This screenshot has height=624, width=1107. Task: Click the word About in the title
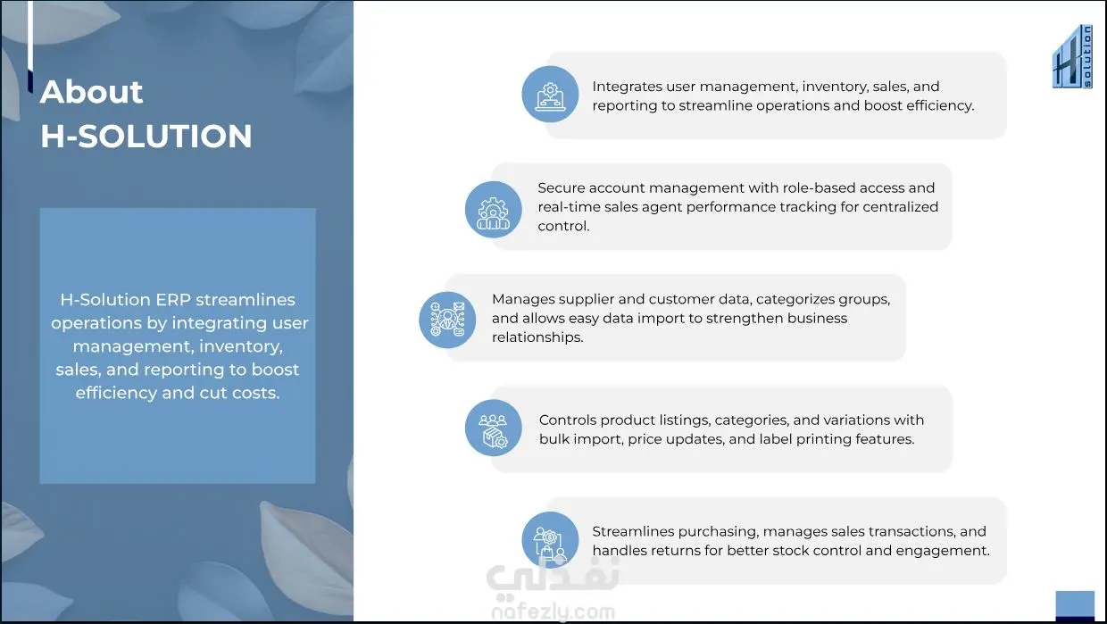coord(91,92)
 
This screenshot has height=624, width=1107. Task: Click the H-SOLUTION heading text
coord(146,136)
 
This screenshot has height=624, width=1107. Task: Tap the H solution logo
coord(1072,56)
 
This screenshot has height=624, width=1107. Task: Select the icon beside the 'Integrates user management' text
coord(550,94)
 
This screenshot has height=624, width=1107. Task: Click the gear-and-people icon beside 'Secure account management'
coord(493,210)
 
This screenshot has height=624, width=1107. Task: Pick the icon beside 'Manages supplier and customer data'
coord(447,320)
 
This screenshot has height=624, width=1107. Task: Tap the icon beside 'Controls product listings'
coord(493,428)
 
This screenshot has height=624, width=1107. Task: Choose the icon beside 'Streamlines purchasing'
coord(550,539)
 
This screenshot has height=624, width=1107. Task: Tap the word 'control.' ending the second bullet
coord(563,226)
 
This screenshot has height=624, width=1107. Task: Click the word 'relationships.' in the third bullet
coord(537,337)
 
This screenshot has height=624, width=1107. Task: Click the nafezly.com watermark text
coord(553,612)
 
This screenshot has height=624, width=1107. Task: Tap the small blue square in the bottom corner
coord(1075,604)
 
